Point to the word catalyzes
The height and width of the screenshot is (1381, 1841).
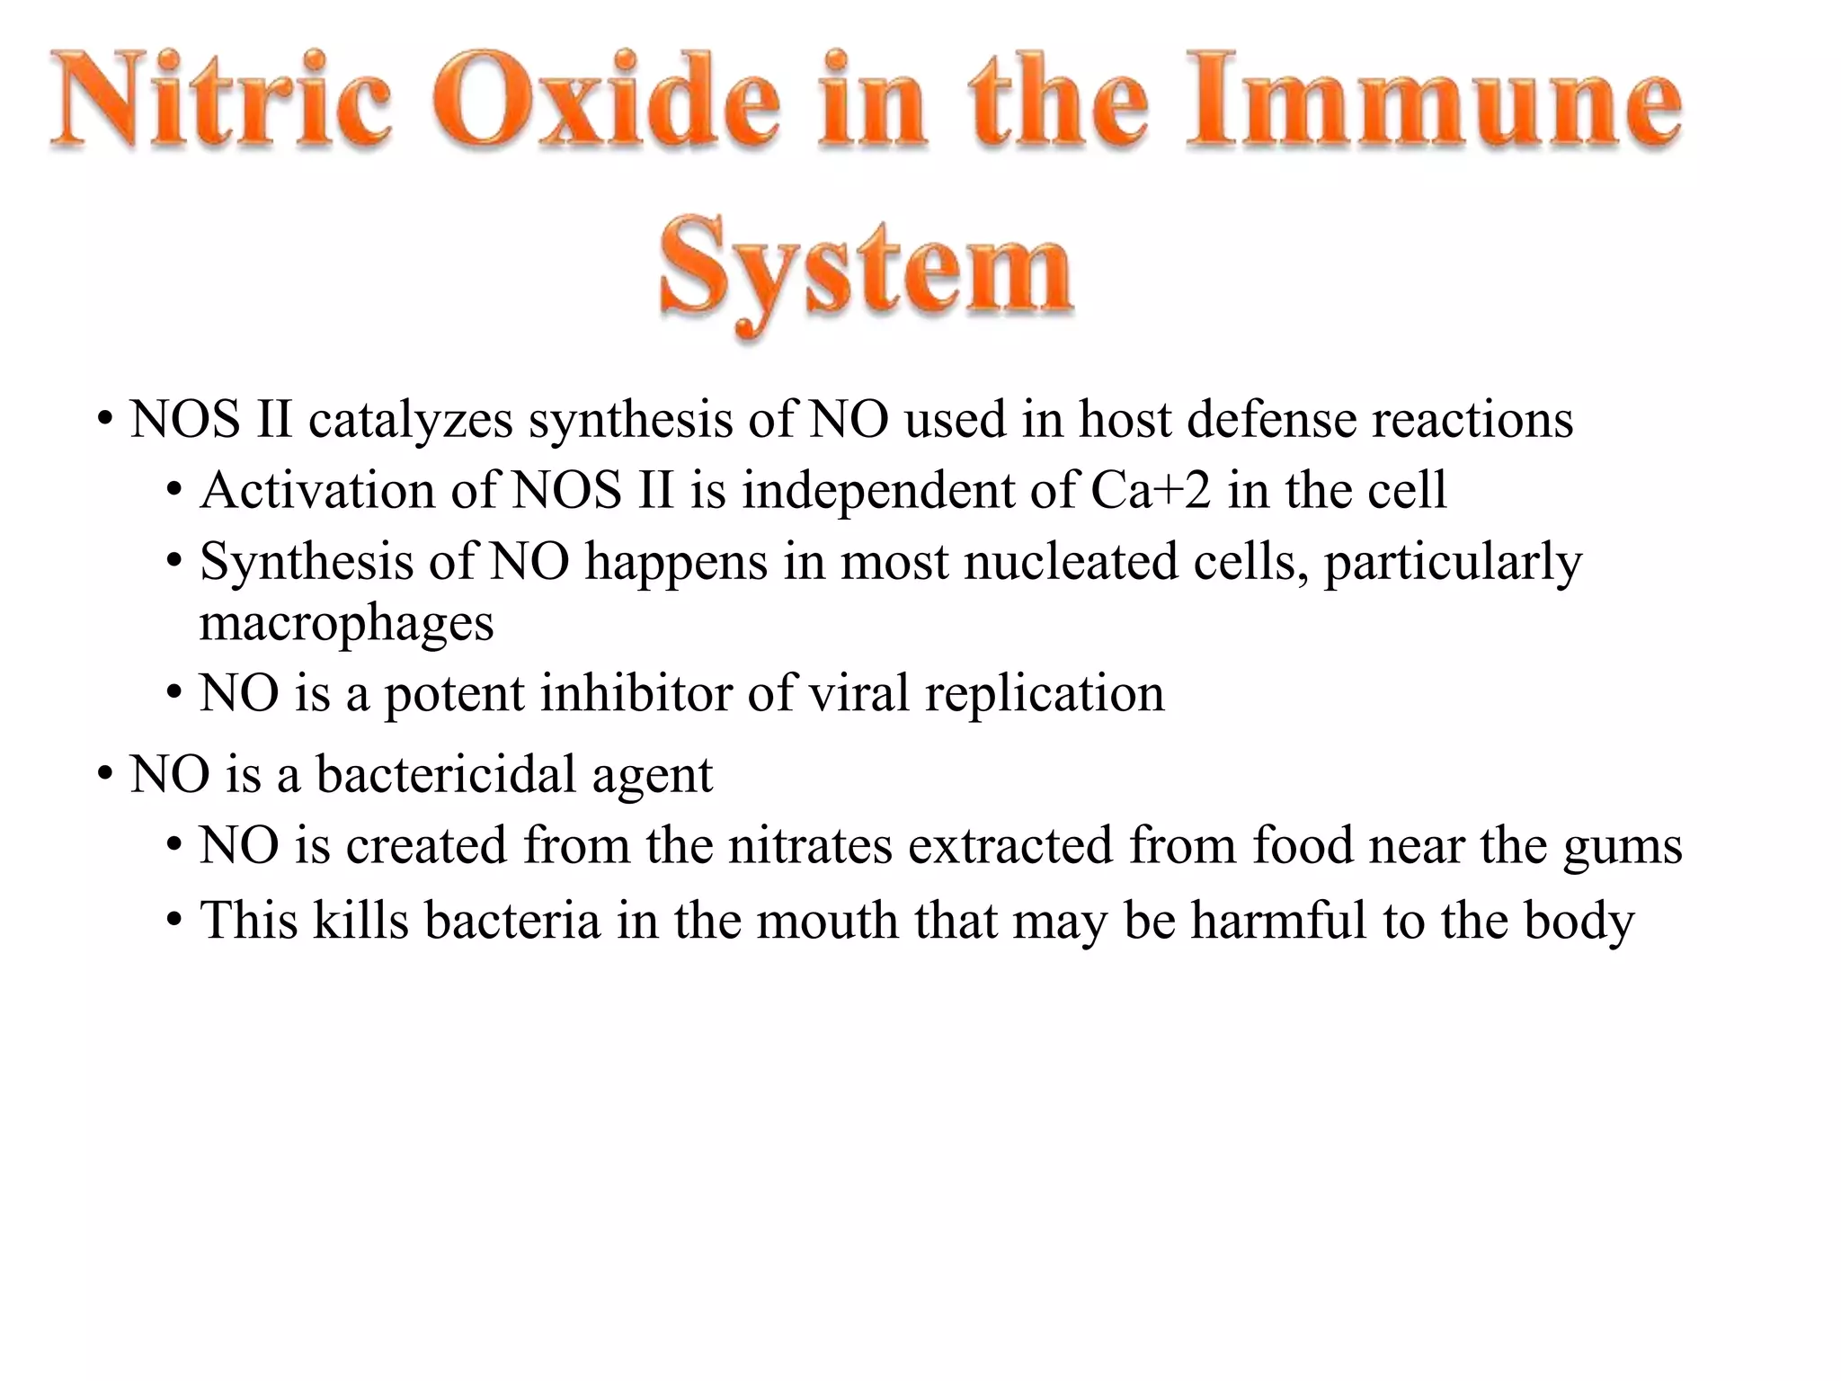(x=411, y=420)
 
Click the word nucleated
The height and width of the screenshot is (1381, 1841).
(x=1071, y=562)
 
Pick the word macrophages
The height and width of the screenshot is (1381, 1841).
(x=346, y=623)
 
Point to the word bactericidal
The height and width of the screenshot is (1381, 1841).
(x=446, y=774)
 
